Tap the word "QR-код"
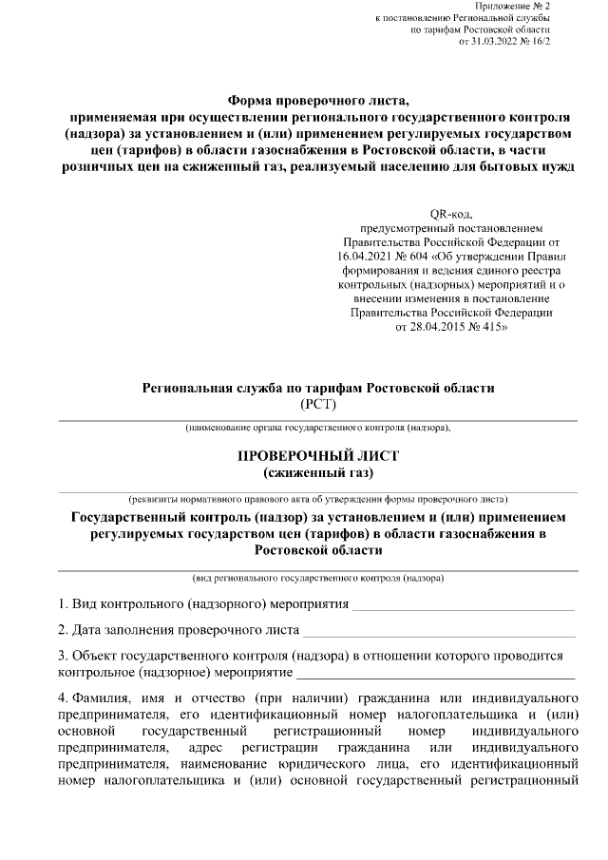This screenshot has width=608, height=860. tap(449, 213)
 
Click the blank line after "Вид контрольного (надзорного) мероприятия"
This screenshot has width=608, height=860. tap(464, 605)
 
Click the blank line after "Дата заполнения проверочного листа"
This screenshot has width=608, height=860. tap(439, 631)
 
